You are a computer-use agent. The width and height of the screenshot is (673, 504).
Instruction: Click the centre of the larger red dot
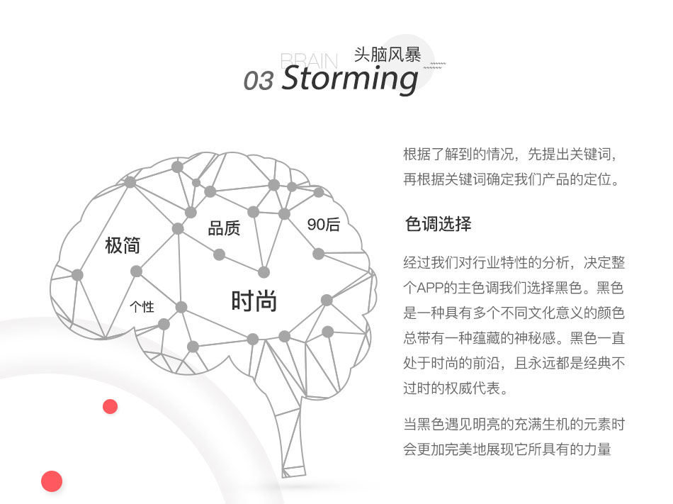[x=52, y=481]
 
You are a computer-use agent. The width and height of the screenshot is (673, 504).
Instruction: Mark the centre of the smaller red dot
[x=111, y=406]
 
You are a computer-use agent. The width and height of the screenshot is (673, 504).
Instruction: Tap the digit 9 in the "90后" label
[x=312, y=225]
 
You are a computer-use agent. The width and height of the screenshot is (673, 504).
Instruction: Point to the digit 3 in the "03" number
[x=266, y=81]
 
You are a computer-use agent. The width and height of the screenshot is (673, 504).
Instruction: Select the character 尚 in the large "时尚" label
[x=266, y=301]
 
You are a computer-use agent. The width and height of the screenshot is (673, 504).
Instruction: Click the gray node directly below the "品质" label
[x=219, y=254]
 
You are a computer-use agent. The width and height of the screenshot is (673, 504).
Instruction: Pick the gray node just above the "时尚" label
[x=264, y=271]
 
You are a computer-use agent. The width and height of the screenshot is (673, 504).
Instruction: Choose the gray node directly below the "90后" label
[x=319, y=254]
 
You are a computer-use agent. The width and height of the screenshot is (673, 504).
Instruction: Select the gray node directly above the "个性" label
[x=136, y=271]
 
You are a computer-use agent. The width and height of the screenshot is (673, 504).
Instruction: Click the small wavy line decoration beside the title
[x=435, y=65]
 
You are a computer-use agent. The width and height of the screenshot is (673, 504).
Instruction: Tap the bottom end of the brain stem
[x=293, y=475]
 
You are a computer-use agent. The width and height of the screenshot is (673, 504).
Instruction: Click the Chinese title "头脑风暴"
[x=388, y=55]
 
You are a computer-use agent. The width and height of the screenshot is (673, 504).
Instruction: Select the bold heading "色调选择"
[x=439, y=224]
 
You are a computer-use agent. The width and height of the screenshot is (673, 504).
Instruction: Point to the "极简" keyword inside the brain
[x=123, y=245]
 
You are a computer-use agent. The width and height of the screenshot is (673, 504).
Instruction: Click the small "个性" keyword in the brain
[x=142, y=306]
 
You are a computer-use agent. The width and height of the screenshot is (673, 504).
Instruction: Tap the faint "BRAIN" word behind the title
[x=309, y=61]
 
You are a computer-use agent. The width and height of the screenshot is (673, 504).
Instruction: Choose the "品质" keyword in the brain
[x=224, y=228]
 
